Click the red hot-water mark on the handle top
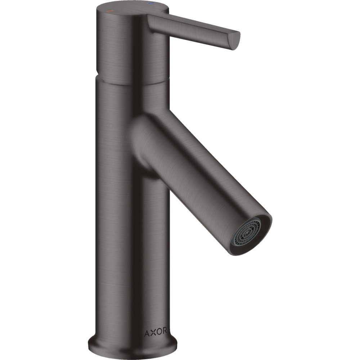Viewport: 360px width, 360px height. (x=111, y=11)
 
